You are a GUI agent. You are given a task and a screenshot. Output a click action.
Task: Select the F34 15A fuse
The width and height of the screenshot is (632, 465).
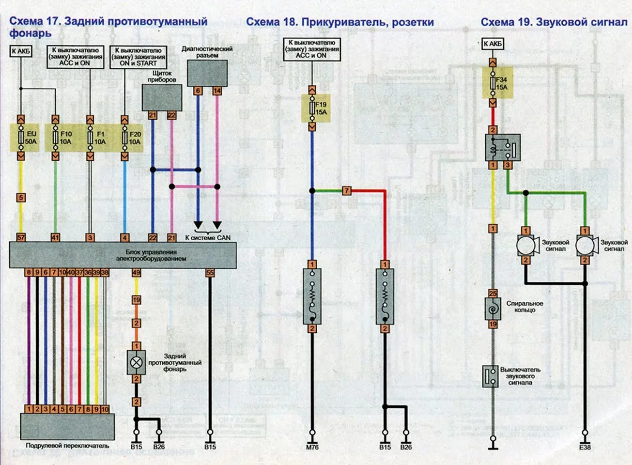[x=493, y=83]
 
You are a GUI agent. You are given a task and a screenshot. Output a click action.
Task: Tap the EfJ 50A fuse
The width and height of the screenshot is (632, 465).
[x=21, y=138]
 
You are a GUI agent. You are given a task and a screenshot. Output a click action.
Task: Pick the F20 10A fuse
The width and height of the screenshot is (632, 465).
[x=125, y=138]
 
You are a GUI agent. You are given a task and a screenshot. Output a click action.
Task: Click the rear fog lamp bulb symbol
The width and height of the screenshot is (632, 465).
[x=137, y=362]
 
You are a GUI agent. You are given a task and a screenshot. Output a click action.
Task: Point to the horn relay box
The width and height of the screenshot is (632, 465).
[x=503, y=147]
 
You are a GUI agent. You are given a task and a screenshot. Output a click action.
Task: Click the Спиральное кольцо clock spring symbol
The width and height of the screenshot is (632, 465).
[x=493, y=309]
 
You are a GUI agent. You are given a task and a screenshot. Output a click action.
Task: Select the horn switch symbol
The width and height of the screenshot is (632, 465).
[x=491, y=376]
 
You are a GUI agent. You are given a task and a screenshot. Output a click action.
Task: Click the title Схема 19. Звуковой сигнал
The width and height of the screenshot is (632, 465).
[x=554, y=22]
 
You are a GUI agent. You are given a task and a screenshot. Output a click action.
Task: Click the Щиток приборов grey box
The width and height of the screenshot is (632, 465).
[x=162, y=97]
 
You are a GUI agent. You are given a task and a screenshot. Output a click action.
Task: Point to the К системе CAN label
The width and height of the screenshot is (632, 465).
[x=208, y=237]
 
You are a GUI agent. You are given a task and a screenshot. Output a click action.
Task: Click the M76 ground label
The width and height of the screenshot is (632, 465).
[x=312, y=447]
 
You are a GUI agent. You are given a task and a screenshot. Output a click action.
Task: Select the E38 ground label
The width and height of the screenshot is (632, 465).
[x=585, y=447]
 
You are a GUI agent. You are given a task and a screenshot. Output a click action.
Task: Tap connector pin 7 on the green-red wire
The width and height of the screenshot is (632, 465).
[x=346, y=191]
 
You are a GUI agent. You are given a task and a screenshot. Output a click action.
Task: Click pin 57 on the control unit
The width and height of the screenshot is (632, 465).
[x=21, y=237]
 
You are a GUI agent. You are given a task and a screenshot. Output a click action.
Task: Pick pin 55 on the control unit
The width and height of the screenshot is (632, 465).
[x=210, y=273]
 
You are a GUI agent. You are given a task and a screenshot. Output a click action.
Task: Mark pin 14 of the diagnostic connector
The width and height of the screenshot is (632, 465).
[x=217, y=91]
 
